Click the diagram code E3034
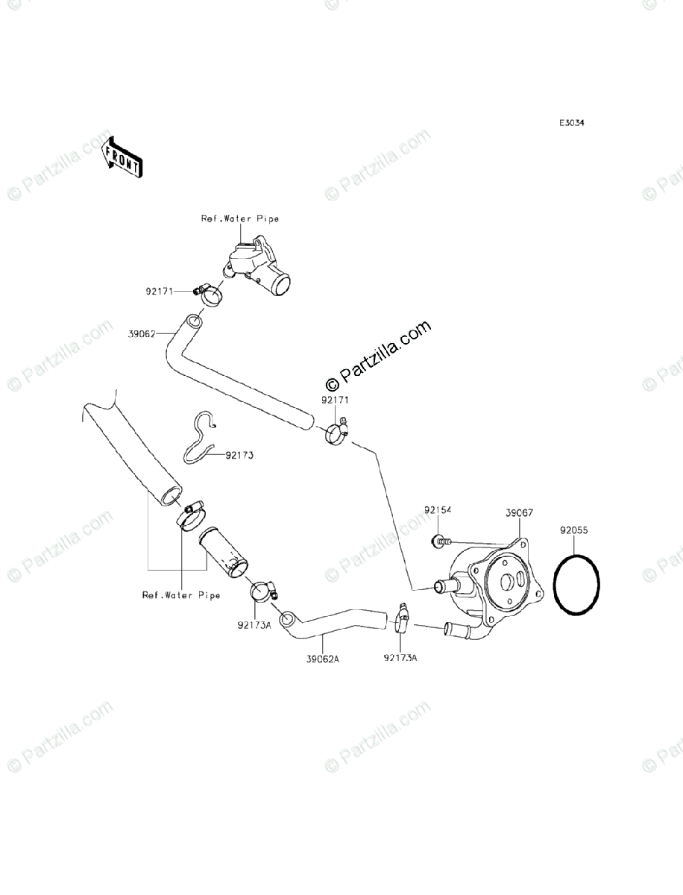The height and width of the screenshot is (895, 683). [x=572, y=124]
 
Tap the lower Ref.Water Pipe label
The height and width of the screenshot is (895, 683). [x=181, y=595]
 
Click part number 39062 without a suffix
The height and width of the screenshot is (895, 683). [x=141, y=334]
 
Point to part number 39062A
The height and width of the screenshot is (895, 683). [x=322, y=659]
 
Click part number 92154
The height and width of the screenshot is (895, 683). [x=439, y=511]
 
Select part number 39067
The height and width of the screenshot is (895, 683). [x=519, y=514]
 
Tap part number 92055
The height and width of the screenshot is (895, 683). [x=575, y=532]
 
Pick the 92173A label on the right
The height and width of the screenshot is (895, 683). [x=400, y=658]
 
